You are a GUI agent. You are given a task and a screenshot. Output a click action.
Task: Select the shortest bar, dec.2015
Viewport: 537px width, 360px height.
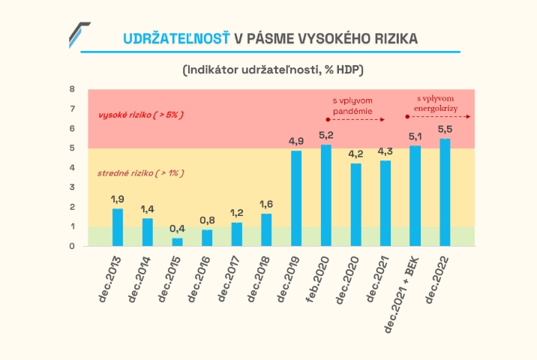(x=177, y=241)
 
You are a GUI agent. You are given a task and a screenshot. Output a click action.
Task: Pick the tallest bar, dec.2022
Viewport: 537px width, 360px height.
(x=445, y=192)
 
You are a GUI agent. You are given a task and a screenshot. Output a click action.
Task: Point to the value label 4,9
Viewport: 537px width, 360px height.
(x=295, y=141)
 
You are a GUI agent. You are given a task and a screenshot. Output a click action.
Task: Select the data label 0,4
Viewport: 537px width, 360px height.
(x=177, y=228)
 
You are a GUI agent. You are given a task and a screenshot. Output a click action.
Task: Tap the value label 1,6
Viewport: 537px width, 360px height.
(x=266, y=204)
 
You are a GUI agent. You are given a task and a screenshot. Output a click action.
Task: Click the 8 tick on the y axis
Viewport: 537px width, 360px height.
(x=72, y=89)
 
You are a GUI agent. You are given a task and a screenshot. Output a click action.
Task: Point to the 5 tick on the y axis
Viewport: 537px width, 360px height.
(x=72, y=148)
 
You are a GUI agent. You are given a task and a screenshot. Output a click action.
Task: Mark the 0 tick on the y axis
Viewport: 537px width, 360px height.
(x=72, y=246)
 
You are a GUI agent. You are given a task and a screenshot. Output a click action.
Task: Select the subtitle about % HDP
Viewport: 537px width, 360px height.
(x=272, y=70)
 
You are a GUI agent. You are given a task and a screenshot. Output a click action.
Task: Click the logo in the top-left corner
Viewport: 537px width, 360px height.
(x=79, y=34)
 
